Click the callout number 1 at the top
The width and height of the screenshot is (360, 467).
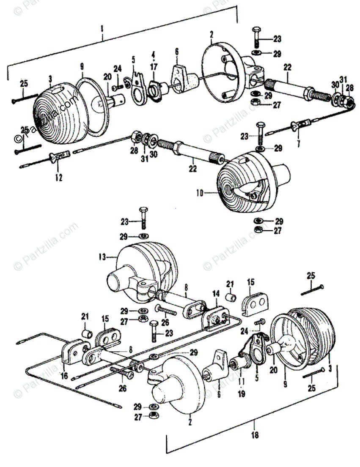[x=102, y=29]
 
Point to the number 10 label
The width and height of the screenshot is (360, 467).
[x=200, y=193]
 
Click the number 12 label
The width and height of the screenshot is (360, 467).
[x=58, y=178]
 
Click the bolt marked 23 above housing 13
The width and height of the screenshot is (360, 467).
[x=143, y=219]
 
